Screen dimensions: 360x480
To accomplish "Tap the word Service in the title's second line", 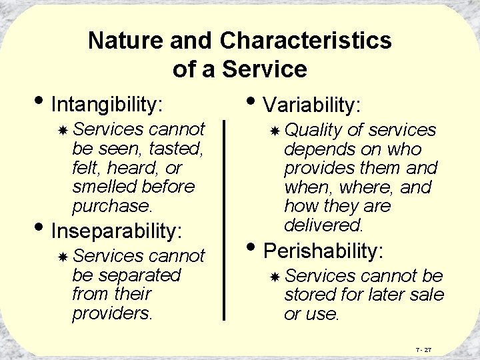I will [269, 69].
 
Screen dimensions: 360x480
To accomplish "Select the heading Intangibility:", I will [107, 105].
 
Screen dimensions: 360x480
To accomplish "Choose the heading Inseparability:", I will [116, 231].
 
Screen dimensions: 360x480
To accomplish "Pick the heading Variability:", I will [312, 105].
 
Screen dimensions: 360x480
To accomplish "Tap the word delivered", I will [323, 225].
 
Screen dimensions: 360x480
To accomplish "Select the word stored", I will [307, 295].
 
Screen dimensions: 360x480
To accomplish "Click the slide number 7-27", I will [423, 349].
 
